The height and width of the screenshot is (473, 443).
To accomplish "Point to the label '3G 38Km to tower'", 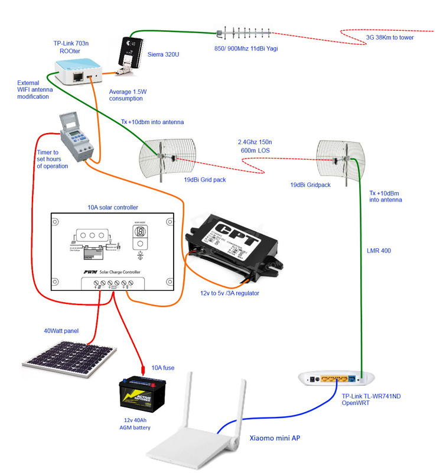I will pyautogui.click(x=390, y=37).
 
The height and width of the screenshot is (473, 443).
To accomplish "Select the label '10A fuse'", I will pyautogui.click(x=162, y=368).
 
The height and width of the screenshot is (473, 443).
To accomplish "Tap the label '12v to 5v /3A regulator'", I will pyautogui.click(x=229, y=293).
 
